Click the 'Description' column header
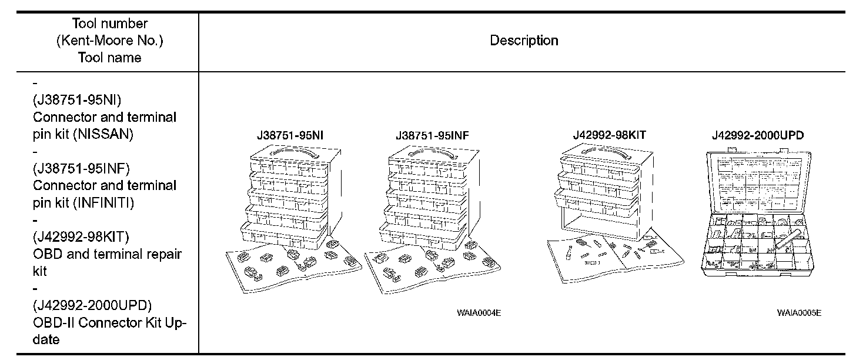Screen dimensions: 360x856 coord(524,41)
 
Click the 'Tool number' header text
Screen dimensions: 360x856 coord(110,24)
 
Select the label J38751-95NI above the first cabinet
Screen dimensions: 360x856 coord(290,136)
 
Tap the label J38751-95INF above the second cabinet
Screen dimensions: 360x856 coord(432,136)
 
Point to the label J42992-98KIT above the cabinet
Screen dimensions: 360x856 coord(609,135)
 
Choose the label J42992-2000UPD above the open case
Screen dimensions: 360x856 coord(757,135)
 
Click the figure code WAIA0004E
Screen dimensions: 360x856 coord(479,312)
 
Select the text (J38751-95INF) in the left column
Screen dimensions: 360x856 coord(81,168)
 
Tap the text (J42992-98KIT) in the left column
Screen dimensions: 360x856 coord(81,237)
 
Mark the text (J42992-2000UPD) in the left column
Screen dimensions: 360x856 coord(92,305)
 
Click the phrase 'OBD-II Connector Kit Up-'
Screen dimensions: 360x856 coord(109,322)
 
